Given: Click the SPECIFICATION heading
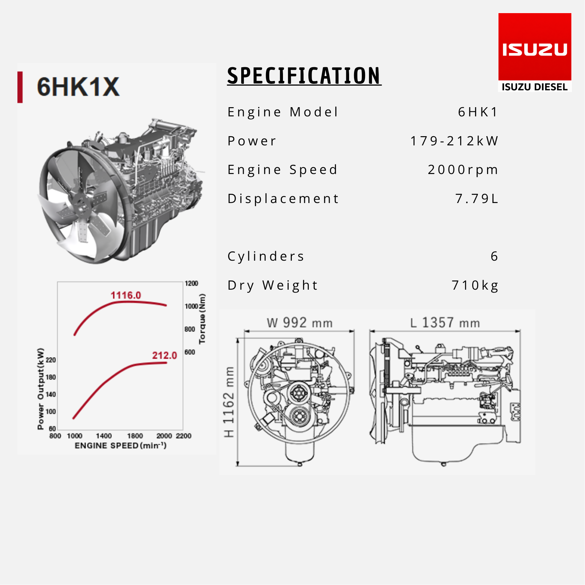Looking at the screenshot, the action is tap(304, 76).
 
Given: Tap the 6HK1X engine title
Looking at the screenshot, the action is tap(78, 87).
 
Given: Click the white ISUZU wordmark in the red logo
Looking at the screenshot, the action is tap(535, 50).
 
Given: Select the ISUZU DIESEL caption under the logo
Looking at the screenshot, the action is tap(535, 87).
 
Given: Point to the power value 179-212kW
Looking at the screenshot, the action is tap(454, 141).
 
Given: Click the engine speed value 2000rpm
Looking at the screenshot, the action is tap(463, 170).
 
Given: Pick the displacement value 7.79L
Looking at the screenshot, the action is tap(477, 198).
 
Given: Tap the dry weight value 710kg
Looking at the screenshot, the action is tap(475, 285).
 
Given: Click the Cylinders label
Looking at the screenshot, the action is tap(266, 256).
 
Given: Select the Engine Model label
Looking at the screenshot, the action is tap(283, 112).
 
